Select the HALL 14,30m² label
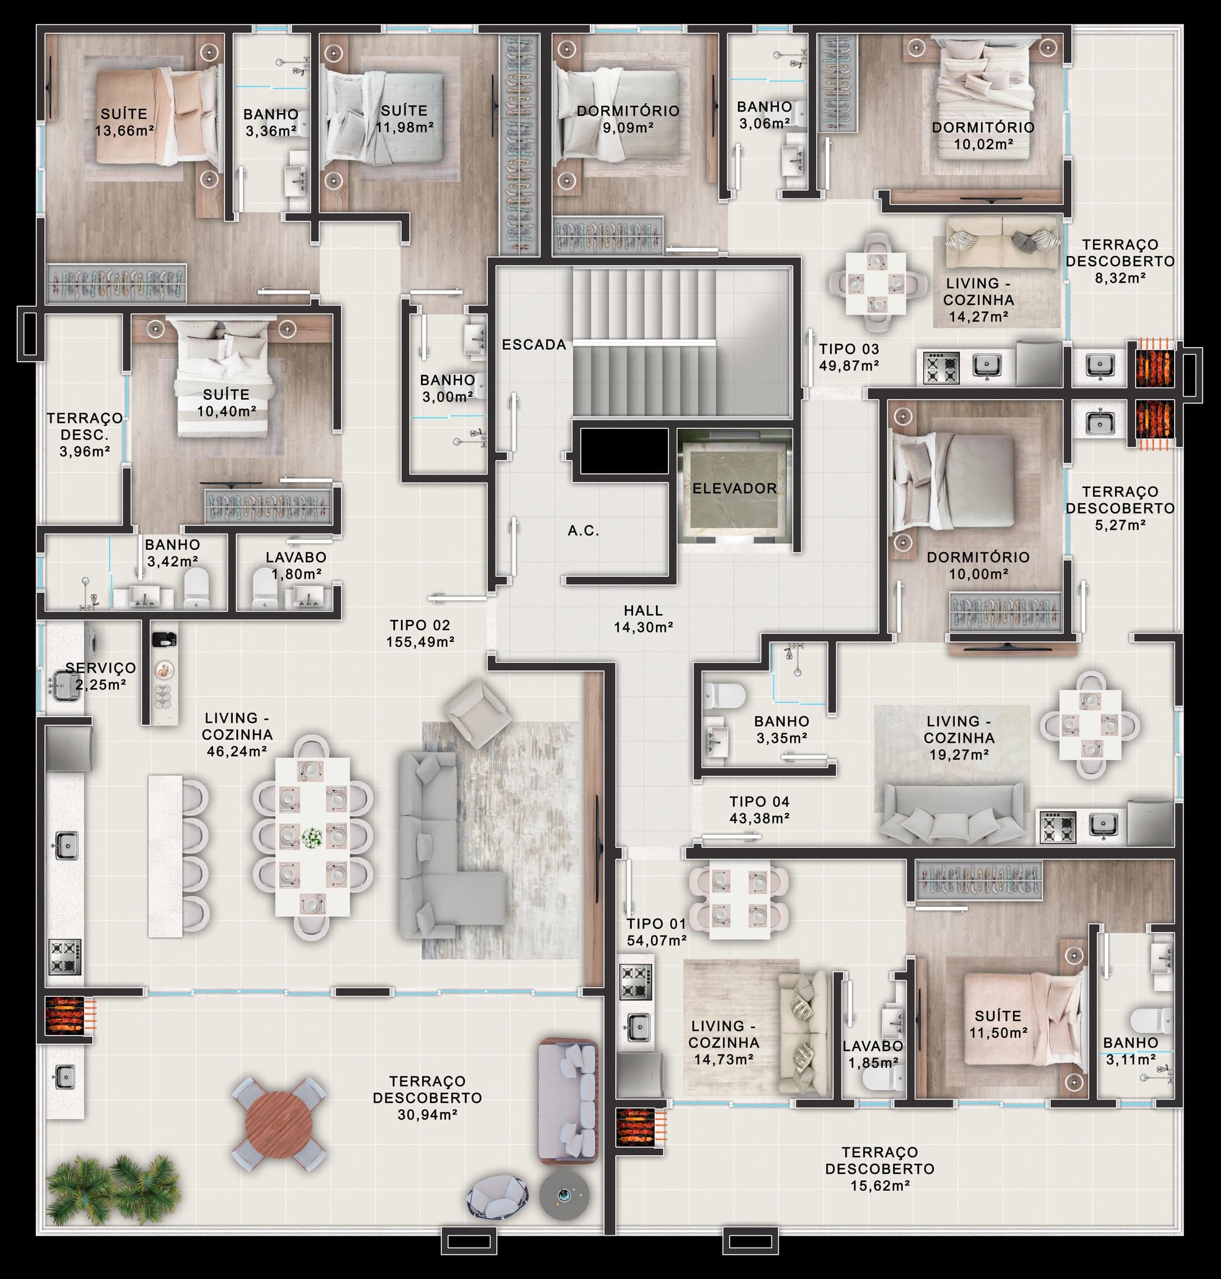click(643, 618)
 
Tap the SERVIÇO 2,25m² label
click(100, 676)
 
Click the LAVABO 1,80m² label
click(296, 565)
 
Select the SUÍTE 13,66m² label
click(124, 122)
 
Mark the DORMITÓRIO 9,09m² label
click(628, 119)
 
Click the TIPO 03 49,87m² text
click(849, 357)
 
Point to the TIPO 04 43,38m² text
click(759, 809)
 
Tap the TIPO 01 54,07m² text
click(657, 931)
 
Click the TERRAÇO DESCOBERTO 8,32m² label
click(1120, 261)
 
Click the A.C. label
click(583, 531)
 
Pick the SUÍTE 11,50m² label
click(998, 1024)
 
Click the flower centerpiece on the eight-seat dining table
click(313, 837)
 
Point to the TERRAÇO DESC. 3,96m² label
click(85, 434)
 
